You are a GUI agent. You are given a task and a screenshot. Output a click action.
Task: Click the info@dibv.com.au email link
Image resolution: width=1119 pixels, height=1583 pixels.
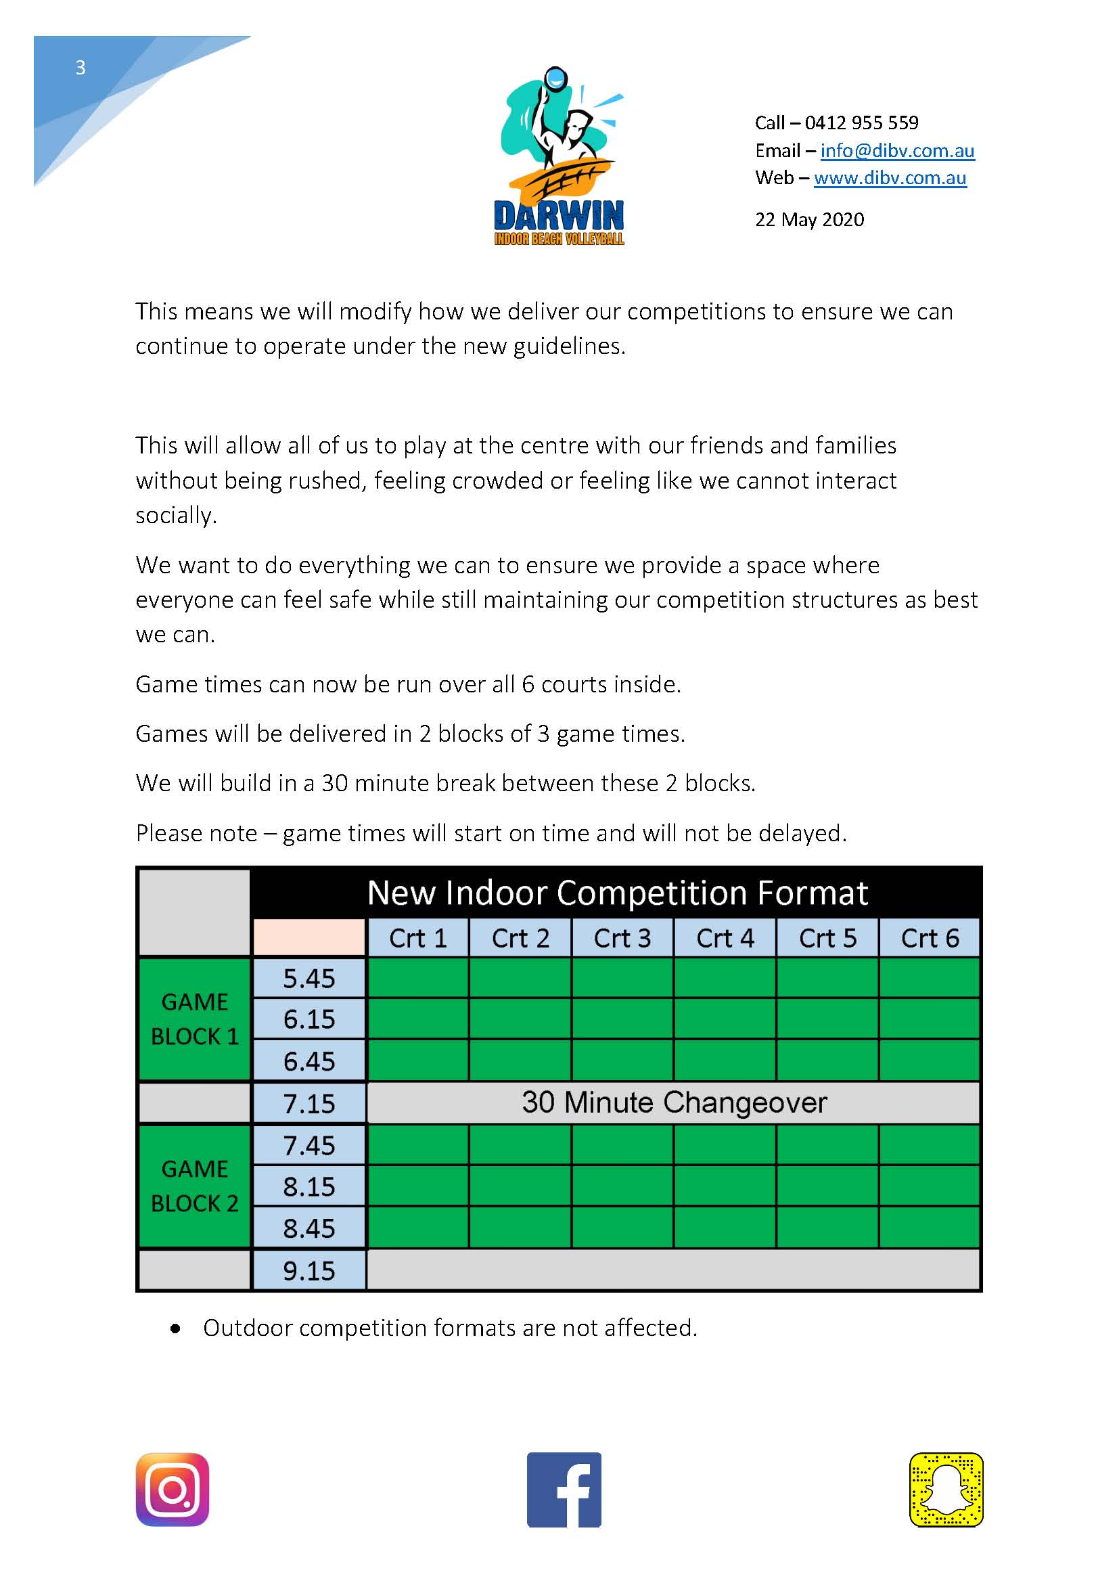click(896, 150)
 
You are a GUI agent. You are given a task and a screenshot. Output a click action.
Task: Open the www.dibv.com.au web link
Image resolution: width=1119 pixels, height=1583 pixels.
click(890, 178)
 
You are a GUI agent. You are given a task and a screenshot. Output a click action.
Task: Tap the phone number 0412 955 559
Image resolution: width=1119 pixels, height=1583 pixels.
click(861, 122)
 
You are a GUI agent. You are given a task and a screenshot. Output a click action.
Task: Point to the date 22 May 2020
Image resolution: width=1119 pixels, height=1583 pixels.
click(810, 219)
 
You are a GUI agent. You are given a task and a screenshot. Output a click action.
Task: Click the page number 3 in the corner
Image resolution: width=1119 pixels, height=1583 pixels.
click(81, 68)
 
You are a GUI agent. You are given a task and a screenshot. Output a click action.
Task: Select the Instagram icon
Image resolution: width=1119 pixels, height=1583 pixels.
click(173, 1489)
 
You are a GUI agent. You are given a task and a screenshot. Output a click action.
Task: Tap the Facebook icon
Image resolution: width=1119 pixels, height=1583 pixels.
click(564, 1489)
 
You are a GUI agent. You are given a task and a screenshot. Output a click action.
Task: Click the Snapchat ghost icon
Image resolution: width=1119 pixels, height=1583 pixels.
click(945, 1489)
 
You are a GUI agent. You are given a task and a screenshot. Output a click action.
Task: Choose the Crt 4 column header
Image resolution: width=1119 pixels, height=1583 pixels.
click(725, 938)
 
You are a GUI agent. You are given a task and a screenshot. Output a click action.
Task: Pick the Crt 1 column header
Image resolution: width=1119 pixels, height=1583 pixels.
click(417, 938)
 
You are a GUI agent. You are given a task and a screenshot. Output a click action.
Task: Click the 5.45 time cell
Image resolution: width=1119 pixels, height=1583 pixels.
click(309, 979)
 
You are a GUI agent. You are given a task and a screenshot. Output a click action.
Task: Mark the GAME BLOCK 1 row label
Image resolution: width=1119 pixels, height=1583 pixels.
click(194, 1019)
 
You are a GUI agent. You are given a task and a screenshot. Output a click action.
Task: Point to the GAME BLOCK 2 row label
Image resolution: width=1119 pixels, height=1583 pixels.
click(194, 1186)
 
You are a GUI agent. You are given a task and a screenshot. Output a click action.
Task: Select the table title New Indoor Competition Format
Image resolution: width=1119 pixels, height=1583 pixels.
click(618, 893)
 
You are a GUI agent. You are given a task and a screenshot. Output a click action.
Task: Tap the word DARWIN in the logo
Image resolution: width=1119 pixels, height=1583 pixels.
click(559, 216)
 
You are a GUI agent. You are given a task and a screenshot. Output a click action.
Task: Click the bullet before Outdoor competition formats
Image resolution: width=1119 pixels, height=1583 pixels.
click(176, 1329)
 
